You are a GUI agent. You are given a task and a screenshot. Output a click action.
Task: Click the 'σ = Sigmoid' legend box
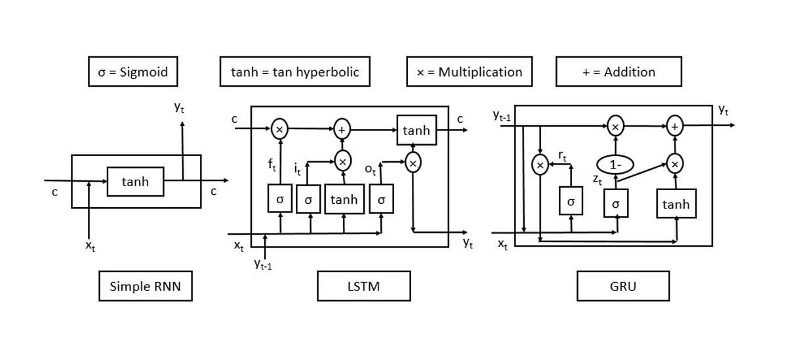pyautogui.click(x=133, y=71)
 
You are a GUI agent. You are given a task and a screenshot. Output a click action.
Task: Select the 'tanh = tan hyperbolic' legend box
pyautogui.click(x=295, y=71)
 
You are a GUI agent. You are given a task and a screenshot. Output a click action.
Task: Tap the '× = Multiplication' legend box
pyautogui.click(x=469, y=71)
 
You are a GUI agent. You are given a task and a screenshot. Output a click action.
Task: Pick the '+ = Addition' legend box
pyautogui.click(x=618, y=71)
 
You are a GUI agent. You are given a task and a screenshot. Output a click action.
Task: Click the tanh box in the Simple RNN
pyautogui.click(x=135, y=182)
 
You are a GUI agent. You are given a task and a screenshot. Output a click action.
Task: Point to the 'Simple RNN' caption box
pyautogui.click(x=146, y=287)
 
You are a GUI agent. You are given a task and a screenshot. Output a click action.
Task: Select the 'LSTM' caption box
pyautogui.click(x=364, y=287)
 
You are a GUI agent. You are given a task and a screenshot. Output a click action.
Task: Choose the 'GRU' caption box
pyautogui.click(x=623, y=287)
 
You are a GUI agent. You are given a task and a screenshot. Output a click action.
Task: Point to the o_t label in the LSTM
pyautogui.click(x=370, y=170)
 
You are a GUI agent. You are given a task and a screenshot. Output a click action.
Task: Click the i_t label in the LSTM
pyautogui.click(x=297, y=170)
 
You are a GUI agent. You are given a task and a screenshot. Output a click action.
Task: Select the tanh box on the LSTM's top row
pyautogui.click(x=416, y=131)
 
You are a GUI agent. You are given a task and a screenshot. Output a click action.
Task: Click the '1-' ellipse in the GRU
pyautogui.click(x=615, y=165)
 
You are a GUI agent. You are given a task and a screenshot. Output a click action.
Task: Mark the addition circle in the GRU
pyautogui.click(x=675, y=127)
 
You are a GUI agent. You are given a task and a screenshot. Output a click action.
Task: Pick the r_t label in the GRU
pyautogui.click(x=563, y=156)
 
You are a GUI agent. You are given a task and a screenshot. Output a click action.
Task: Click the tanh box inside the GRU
pyautogui.click(x=676, y=205)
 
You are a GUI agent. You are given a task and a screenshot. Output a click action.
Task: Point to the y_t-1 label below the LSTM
pyautogui.click(x=263, y=264)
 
